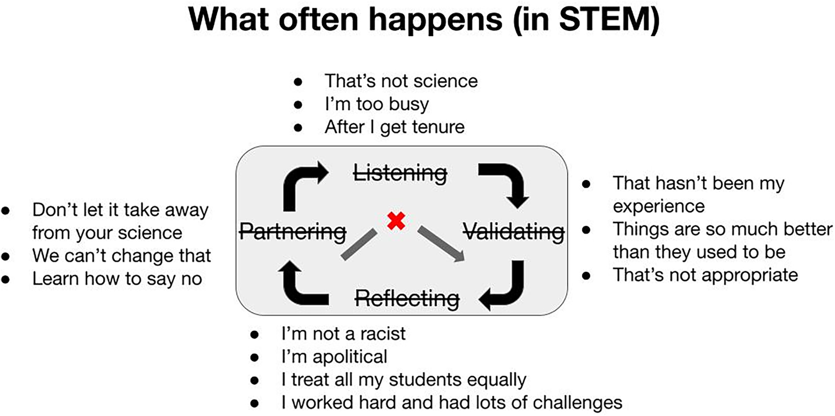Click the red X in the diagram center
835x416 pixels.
pyautogui.click(x=396, y=221)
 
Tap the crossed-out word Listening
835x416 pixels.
pyautogui.click(x=400, y=173)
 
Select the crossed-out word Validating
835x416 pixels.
pyautogui.click(x=514, y=232)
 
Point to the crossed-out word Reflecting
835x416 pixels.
pyautogui.click(x=407, y=298)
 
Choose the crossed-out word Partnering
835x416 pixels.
pyautogui.click(x=293, y=231)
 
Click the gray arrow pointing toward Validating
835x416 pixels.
pyautogui.click(x=441, y=243)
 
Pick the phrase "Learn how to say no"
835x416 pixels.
pyautogui.click(x=117, y=279)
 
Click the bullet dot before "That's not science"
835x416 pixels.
pyautogui.click(x=298, y=82)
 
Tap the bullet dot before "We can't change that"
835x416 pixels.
pyautogui.click(x=5, y=257)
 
